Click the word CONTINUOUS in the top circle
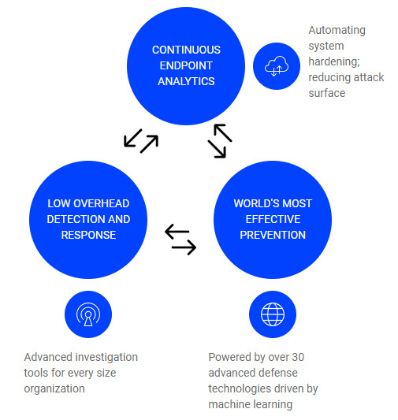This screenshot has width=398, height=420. click(186, 50)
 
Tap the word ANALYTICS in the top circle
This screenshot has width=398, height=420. click(186, 81)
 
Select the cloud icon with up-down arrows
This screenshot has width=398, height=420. click(277, 66)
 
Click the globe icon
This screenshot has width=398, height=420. click(273, 314)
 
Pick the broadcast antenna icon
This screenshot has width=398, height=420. click(88, 314)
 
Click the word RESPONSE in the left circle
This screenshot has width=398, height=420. click(88, 235)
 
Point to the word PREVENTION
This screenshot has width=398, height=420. click(273, 235)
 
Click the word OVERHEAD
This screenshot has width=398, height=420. click(102, 203)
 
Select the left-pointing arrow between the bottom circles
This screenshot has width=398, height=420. click(177, 232)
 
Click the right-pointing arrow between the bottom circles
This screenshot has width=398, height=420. click(184, 247)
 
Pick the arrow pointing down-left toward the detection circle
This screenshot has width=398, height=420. click(133, 138)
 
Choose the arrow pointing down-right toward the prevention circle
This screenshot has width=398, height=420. click(217, 149)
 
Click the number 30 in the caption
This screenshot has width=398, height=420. click(298, 357)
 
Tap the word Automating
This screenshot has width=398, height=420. click(337, 30)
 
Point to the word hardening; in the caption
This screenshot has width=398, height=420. click(334, 61)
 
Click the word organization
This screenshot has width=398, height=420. click(54, 388)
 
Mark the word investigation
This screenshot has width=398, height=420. click(106, 357)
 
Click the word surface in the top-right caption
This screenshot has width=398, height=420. click(327, 93)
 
